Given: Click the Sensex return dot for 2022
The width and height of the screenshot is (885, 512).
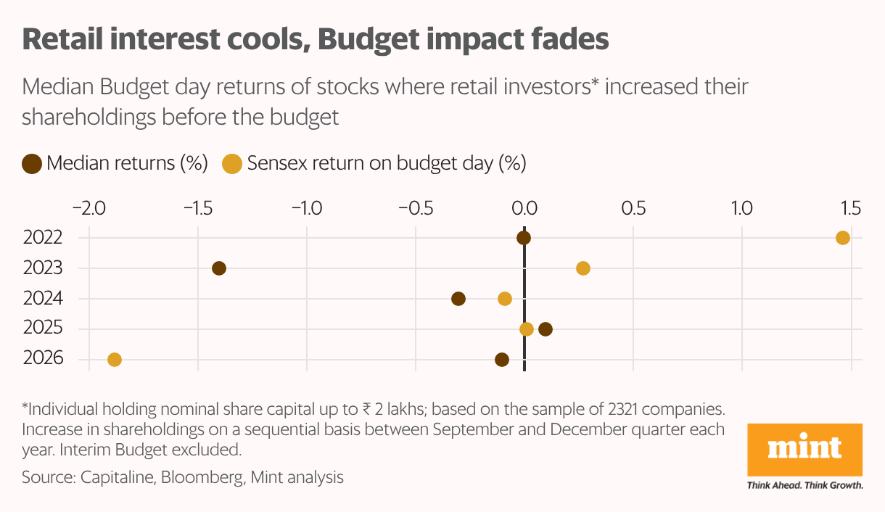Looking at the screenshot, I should tap(842, 238).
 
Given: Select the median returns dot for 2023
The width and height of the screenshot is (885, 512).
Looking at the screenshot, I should tap(219, 268).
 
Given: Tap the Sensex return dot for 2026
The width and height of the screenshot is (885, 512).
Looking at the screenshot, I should tap(115, 360).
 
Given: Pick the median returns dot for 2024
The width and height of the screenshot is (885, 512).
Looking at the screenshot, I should tap(458, 299).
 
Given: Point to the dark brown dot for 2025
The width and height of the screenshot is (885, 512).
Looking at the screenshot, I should tap(546, 329).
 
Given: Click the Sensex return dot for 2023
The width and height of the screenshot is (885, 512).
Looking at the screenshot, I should tap(583, 268).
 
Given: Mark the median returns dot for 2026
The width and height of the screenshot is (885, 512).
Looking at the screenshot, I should tap(502, 360).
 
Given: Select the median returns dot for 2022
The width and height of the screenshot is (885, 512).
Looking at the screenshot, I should tap(524, 238).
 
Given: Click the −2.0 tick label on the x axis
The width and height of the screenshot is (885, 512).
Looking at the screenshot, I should tap(88, 208).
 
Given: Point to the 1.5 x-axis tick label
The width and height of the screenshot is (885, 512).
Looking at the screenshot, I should tap(850, 208).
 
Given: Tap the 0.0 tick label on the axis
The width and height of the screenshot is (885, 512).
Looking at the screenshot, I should tap(524, 208).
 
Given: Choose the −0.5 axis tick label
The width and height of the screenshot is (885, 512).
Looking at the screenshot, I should tap(415, 208).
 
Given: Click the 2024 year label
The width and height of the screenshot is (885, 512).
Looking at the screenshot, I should tap(43, 299).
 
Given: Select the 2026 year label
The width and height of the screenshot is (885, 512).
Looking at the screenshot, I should tap(43, 360).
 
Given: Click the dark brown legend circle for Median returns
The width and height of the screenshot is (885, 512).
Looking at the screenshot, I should tap(32, 163).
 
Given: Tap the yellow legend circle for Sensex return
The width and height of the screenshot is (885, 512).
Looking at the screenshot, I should tap(232, 163).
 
